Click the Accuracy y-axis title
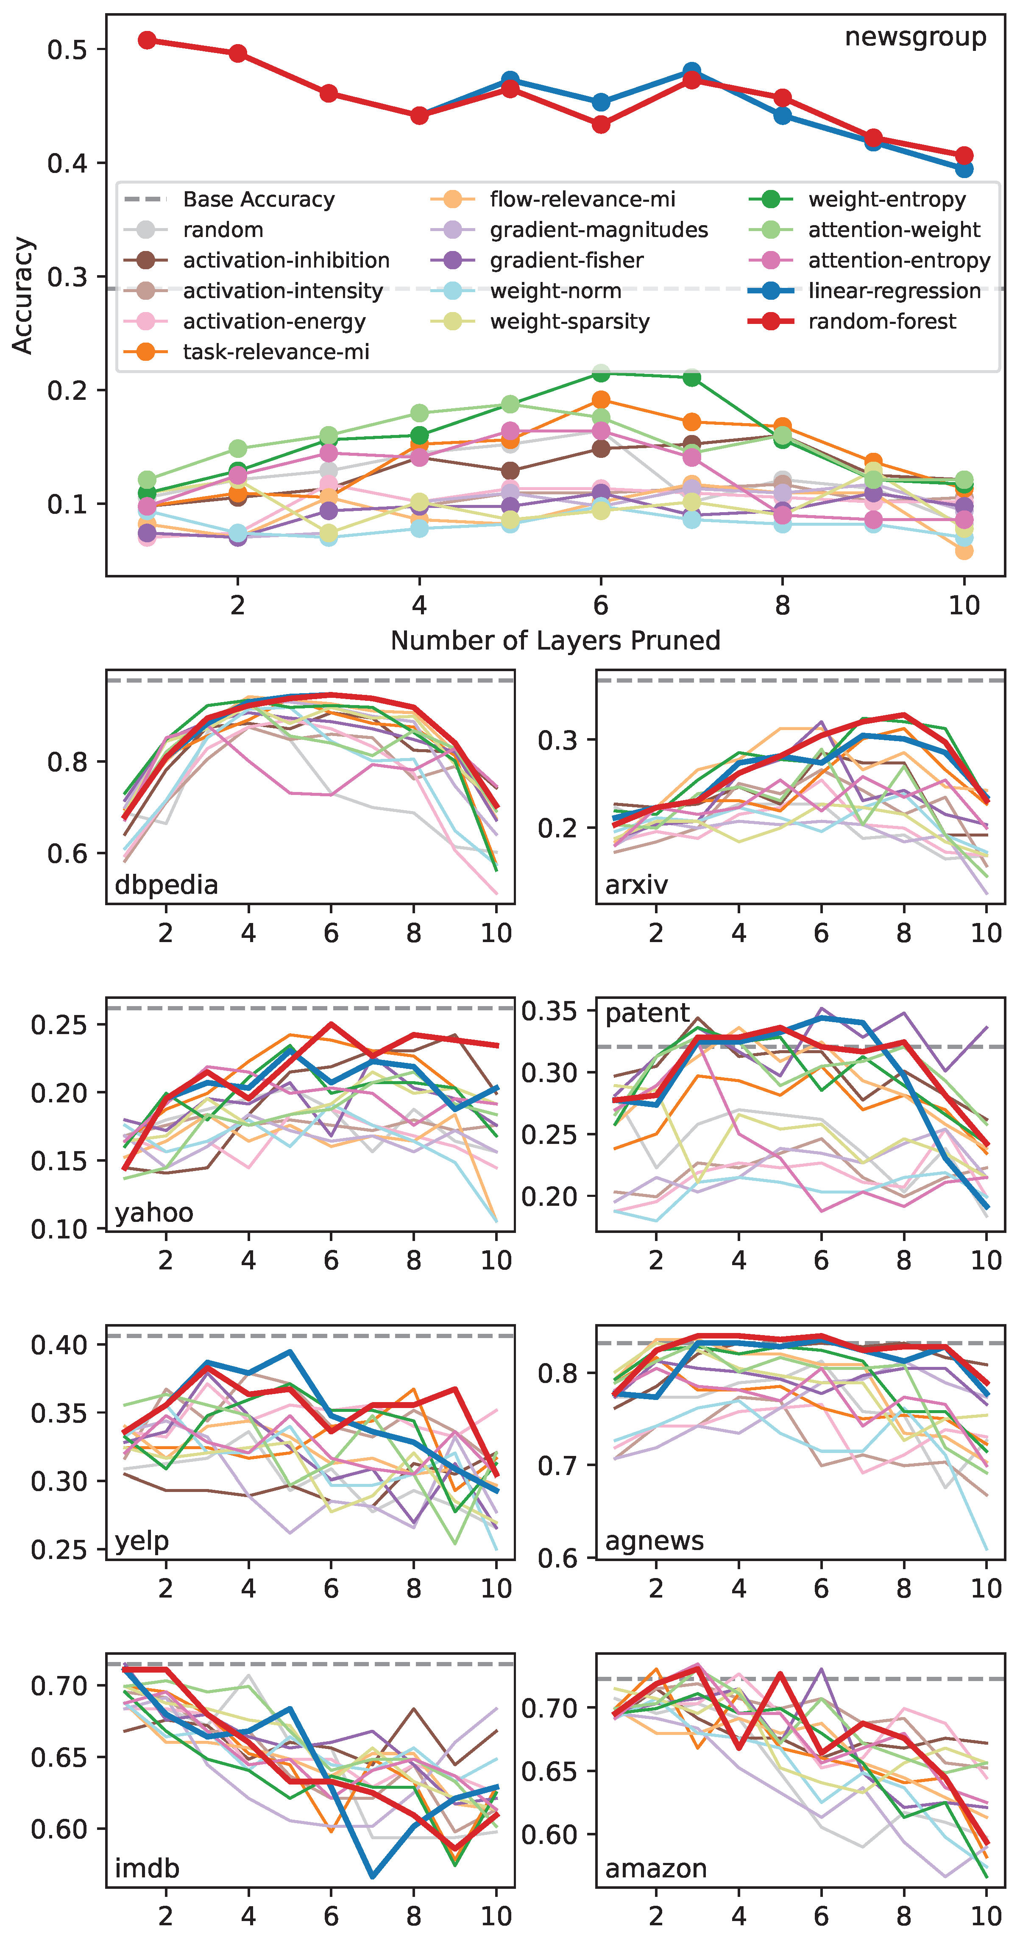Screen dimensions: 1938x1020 pos(22,295)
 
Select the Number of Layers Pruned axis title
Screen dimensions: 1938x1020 pos(555,640)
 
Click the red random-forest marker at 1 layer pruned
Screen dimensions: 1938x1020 pos(148,40)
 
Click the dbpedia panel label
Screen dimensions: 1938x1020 pos(166,885)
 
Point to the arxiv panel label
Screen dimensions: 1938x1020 pos(636,885)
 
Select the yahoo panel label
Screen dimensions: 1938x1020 pos(154,1213)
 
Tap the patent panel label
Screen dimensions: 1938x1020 pos(647,1013)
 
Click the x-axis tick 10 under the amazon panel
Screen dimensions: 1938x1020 pos(986,1916)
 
